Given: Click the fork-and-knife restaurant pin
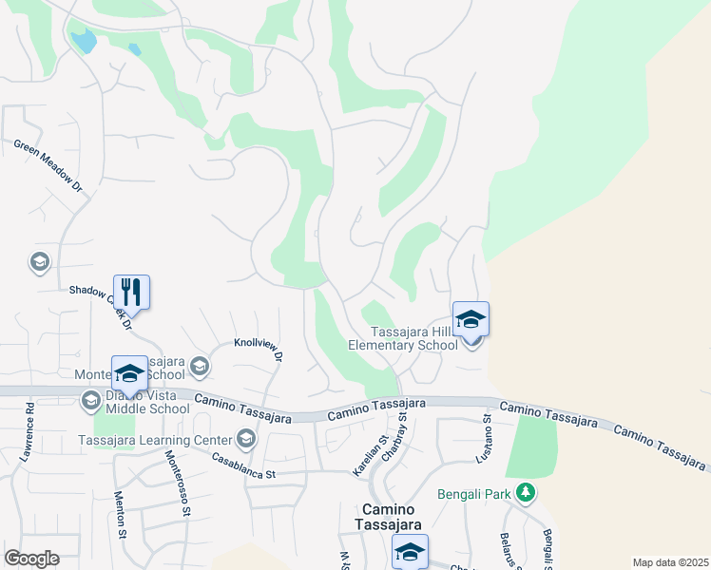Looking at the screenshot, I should [x=131, y=293].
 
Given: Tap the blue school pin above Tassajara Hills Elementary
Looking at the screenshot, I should [x=471, y=319].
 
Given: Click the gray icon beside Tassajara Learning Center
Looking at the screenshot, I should [x=246, y=438].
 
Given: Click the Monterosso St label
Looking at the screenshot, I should [x=175, y=480].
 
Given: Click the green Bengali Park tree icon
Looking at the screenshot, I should [x=525, y=492].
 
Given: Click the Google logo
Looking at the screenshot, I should [x=31, y=559].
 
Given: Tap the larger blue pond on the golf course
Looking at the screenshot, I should [x=85, y=40].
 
